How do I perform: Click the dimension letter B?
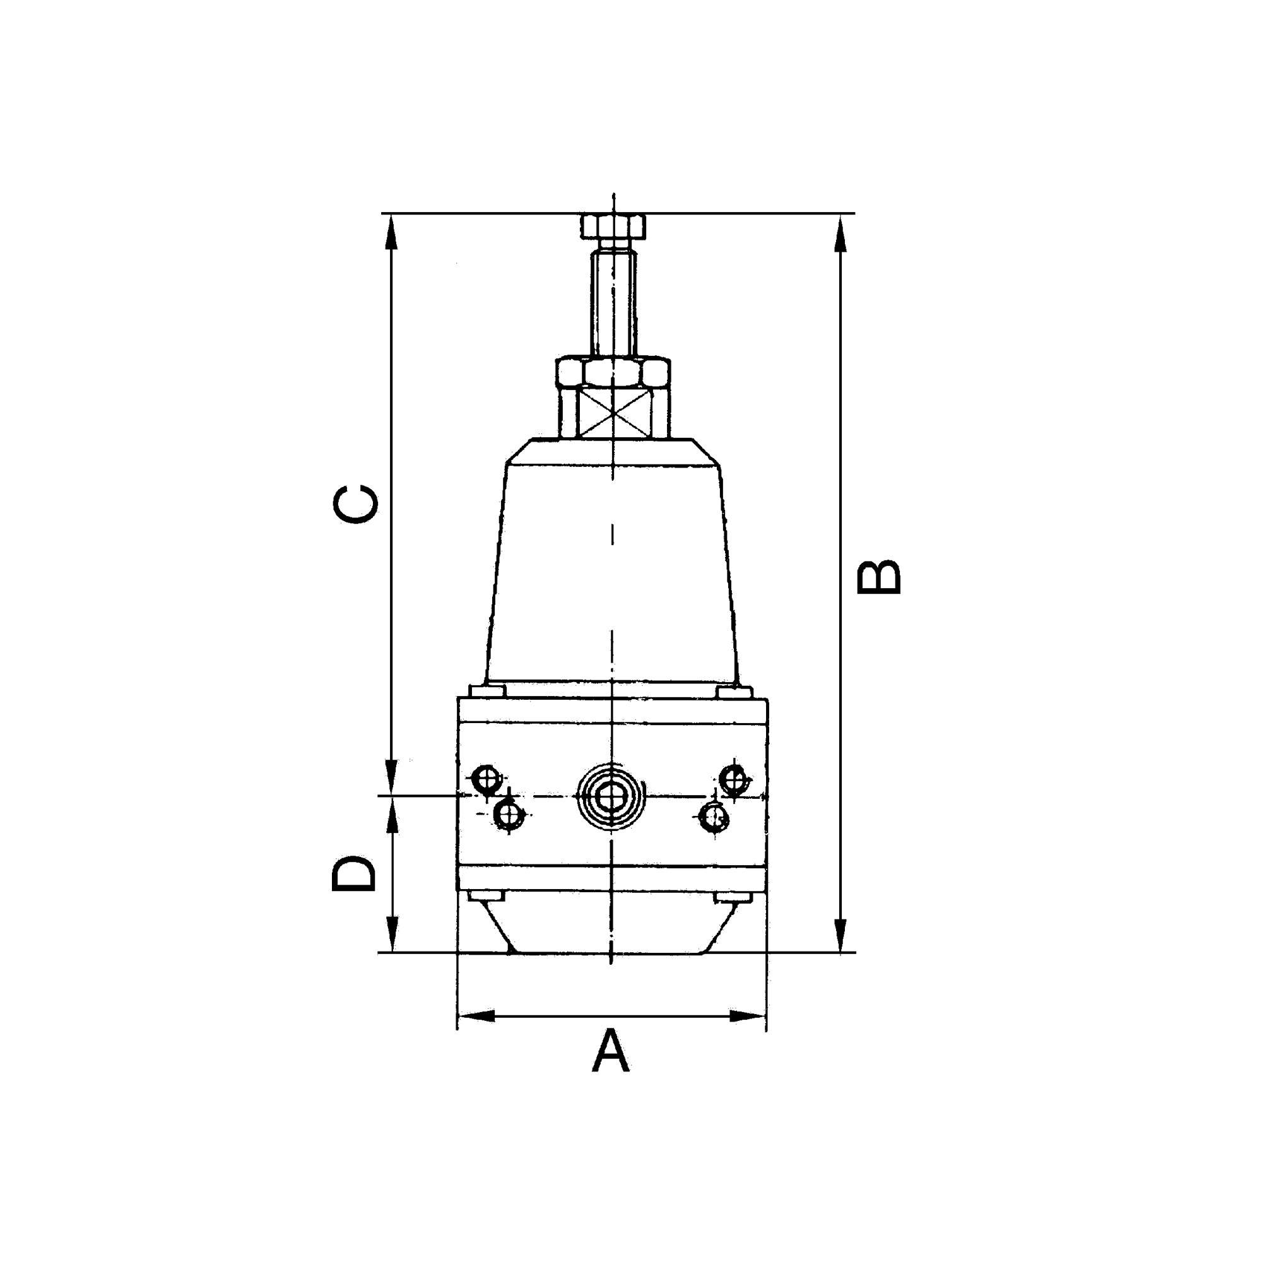[x=878, y=577]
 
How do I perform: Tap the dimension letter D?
[x=354, y=873]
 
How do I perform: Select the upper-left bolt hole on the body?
[x=486, y=778]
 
